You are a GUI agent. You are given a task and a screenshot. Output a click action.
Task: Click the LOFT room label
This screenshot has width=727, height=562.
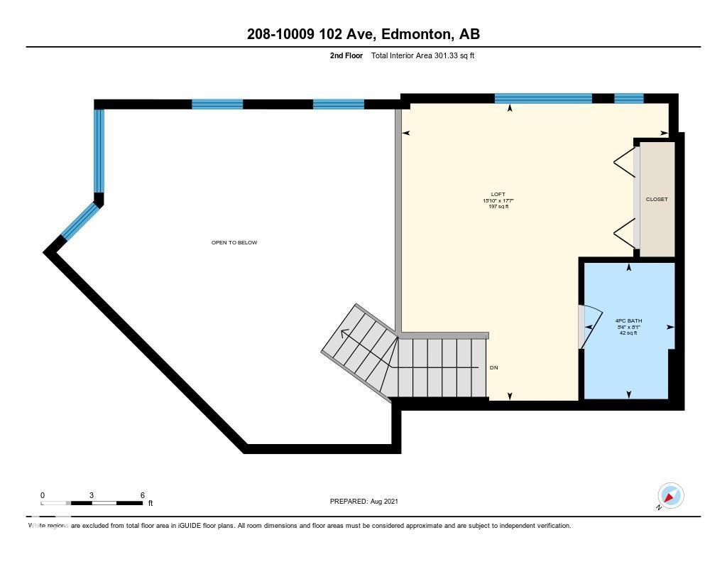pyautogui.click(x=498, y=194)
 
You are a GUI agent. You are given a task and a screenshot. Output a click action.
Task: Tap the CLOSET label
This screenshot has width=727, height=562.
pyautogui.click(x=657, y=200)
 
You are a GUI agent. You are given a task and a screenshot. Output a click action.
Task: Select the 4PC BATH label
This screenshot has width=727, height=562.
pyautogui.click(x=628, y=320)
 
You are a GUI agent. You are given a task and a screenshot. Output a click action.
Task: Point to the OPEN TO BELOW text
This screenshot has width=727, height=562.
pyautogui.click(x=234, y=243)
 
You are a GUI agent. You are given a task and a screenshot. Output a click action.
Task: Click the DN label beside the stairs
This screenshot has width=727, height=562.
pyautogui.click(x=495, y=368)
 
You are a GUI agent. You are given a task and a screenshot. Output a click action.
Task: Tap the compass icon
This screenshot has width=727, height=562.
pyautogui.click(x=670, y=495)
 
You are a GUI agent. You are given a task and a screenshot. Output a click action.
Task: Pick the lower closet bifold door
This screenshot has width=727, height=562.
pyautogui.click(x=625, y=234)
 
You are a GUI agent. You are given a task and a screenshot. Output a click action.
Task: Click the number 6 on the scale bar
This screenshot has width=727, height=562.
pyautogui.click(x=143, y=495)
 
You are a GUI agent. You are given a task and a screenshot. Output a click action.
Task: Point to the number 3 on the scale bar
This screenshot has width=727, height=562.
pyautogui.click(x=92, y=495)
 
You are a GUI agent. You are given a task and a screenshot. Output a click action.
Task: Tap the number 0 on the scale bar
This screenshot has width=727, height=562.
pyautogui.click(x=43, y=495)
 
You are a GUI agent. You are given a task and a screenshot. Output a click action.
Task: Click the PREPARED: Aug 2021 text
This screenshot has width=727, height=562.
pyautogui.click(x=364, y=502)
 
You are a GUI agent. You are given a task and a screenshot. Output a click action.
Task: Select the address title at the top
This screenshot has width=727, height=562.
pyautogui.click(x=363, y=34)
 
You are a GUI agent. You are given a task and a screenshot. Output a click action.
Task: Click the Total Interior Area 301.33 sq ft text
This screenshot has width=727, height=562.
pyautogui.click(x=422, y=55)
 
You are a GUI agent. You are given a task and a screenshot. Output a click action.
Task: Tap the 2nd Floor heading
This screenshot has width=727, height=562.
pyautogui.click(x=345, y=55)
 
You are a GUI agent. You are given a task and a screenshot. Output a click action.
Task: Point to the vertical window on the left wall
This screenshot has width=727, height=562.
pyautogui.click(x=99, y=151)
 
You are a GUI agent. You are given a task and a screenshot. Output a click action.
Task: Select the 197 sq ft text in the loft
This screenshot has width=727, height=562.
pyautogui.click(x=498, y=207)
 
